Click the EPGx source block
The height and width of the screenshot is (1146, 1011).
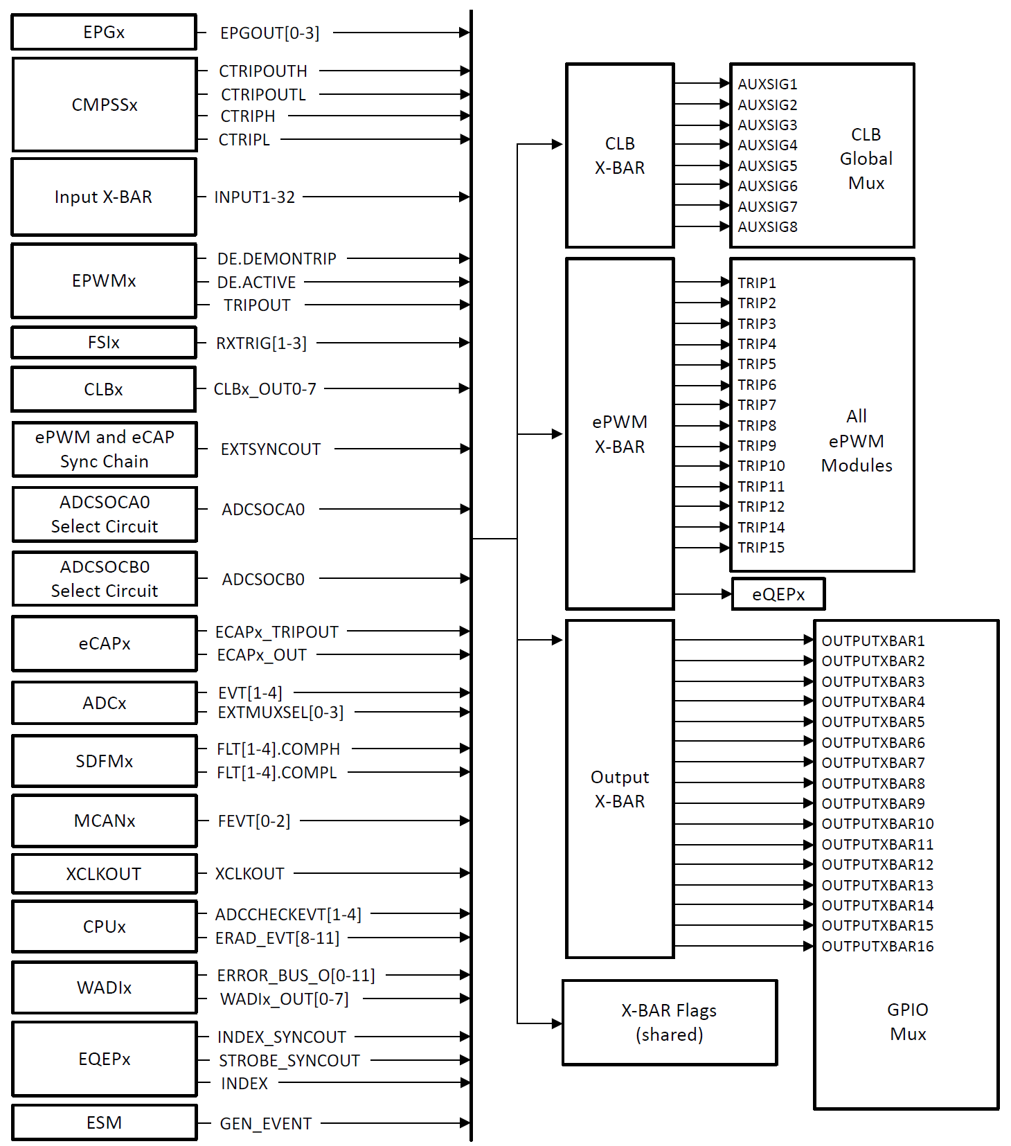(104, 33)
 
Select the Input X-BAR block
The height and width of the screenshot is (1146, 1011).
(104, 197)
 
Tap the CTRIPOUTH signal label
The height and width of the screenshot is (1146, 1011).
(263, 71)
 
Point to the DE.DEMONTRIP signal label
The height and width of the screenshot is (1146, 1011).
(276, 259)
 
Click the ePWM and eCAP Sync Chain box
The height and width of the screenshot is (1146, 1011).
(105, 449)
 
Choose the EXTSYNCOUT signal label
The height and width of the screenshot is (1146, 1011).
(270, 449)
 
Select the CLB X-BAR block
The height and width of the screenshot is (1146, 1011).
(620, 156)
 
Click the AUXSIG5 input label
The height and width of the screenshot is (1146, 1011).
(767, 166)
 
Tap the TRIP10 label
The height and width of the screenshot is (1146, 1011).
(761, 466)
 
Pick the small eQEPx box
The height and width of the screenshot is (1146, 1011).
(778, 594)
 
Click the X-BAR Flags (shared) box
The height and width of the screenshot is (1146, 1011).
(669, 1023)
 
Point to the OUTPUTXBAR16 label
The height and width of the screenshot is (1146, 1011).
(877, 947)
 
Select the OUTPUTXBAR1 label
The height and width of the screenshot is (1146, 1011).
(873, 641)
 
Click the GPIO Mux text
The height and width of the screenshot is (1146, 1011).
(907, 1022)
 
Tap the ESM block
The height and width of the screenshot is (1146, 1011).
(104, 1122)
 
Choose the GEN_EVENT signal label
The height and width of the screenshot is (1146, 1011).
(265, 1124)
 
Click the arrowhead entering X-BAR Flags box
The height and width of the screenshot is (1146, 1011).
(557, 1023)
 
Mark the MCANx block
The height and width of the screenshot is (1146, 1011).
(105, 821)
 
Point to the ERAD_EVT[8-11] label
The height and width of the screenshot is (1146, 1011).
(277, 938)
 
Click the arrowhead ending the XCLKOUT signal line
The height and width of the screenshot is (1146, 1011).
(465, 874)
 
